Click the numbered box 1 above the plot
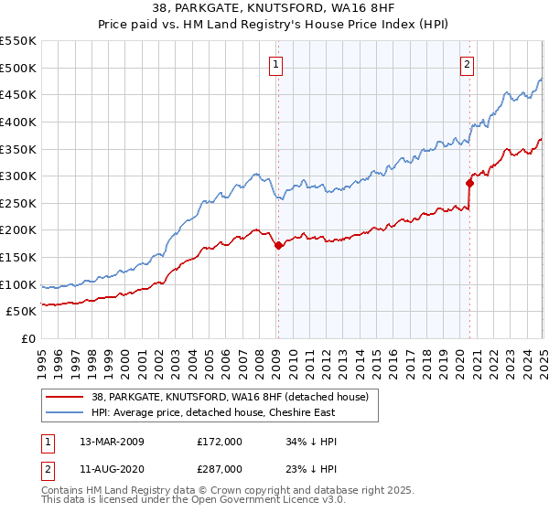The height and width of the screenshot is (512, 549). [276, 64]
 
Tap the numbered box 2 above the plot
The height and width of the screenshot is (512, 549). [468, 64]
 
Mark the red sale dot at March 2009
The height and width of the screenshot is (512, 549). [278, 244]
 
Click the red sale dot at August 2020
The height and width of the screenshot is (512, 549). [469, 183]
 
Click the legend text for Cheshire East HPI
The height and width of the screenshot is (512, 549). [213, 412]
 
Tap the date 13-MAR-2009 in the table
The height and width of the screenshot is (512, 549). [112, 442]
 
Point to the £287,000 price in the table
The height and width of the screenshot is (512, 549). [220, 469]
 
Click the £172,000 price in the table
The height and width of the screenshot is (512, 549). [220, 442]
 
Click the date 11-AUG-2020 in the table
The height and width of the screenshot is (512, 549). [112, 469]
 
